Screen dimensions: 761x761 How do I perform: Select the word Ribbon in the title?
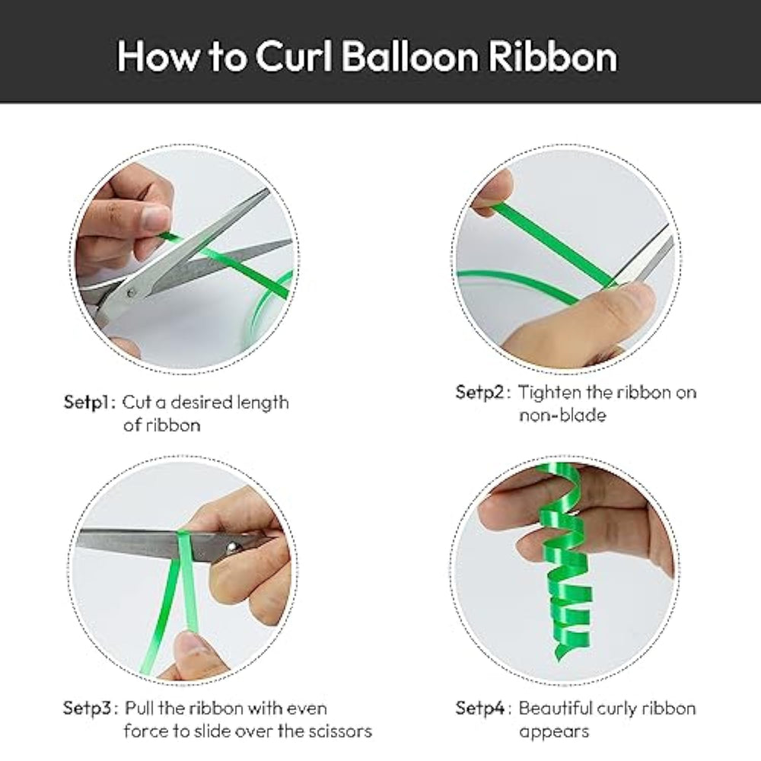click(552, 56)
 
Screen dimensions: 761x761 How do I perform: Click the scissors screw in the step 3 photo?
click(234, 547)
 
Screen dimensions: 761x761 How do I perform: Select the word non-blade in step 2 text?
click(562, 416)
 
